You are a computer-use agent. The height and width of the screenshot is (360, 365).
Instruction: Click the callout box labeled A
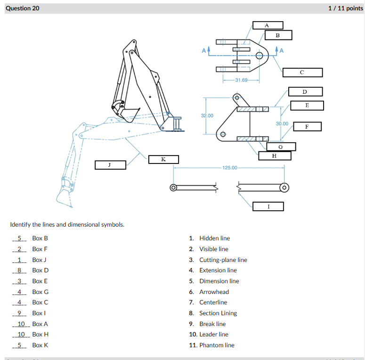coord(268,25)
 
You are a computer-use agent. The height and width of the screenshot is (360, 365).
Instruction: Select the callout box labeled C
coord(302,73)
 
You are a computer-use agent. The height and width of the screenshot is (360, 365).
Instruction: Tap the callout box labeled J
coord(110,165)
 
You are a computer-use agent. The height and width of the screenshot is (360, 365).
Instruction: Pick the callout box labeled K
coord(163,159)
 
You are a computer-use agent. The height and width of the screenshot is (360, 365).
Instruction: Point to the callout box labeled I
coord(268,206)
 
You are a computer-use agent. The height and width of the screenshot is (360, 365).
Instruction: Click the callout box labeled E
coord(307,106)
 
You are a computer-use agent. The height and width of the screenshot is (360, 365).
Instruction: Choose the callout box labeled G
coord(281,147)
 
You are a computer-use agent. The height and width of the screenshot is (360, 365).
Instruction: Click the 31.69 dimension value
coord(241,80)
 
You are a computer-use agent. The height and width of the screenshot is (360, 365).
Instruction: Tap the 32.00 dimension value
coord(207,115)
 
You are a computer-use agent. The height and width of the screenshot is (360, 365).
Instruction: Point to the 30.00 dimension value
coord(282,123)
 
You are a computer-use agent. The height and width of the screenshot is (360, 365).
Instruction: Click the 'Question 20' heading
coord(23,8)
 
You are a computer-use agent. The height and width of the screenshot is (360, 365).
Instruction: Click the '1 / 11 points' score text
coord(345,8)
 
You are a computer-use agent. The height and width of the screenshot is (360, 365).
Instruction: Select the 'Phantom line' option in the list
coord(217,345)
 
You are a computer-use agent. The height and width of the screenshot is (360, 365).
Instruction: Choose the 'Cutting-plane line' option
coord(223,260)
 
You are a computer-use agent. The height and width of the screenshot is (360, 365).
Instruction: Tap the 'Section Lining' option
coord(218,313)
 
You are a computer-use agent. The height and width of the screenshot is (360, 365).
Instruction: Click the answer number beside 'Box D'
coord(19,270)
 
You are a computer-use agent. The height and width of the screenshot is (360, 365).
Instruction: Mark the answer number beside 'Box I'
coord(19,313)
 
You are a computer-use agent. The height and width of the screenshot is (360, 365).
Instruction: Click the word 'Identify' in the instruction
coord(20,224)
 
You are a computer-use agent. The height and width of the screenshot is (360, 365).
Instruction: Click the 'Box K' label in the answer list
coord(40,345)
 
